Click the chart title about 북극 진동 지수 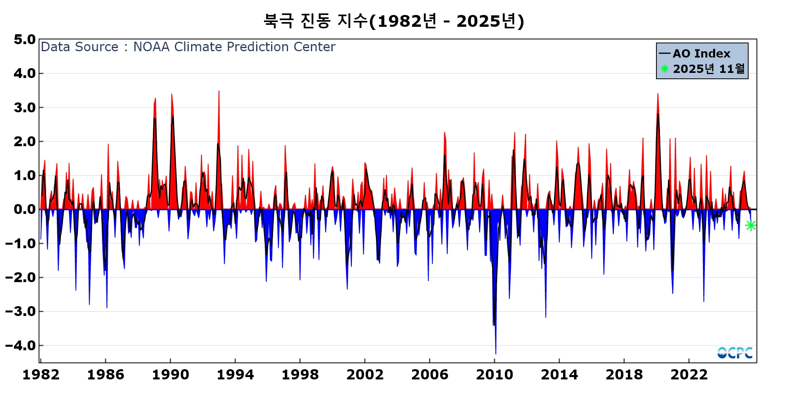394,21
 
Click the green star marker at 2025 751,225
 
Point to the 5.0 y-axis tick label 25,40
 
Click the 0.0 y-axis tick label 25,210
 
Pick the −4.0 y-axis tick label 20,346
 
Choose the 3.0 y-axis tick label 25,108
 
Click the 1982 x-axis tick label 41,375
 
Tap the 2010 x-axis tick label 494,375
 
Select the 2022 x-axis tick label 689,375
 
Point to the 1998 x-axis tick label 300,375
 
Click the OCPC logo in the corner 735,353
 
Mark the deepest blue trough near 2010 496,353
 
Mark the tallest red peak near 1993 219,91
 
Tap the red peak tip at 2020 658,94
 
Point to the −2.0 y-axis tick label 20,278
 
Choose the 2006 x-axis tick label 429,375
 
